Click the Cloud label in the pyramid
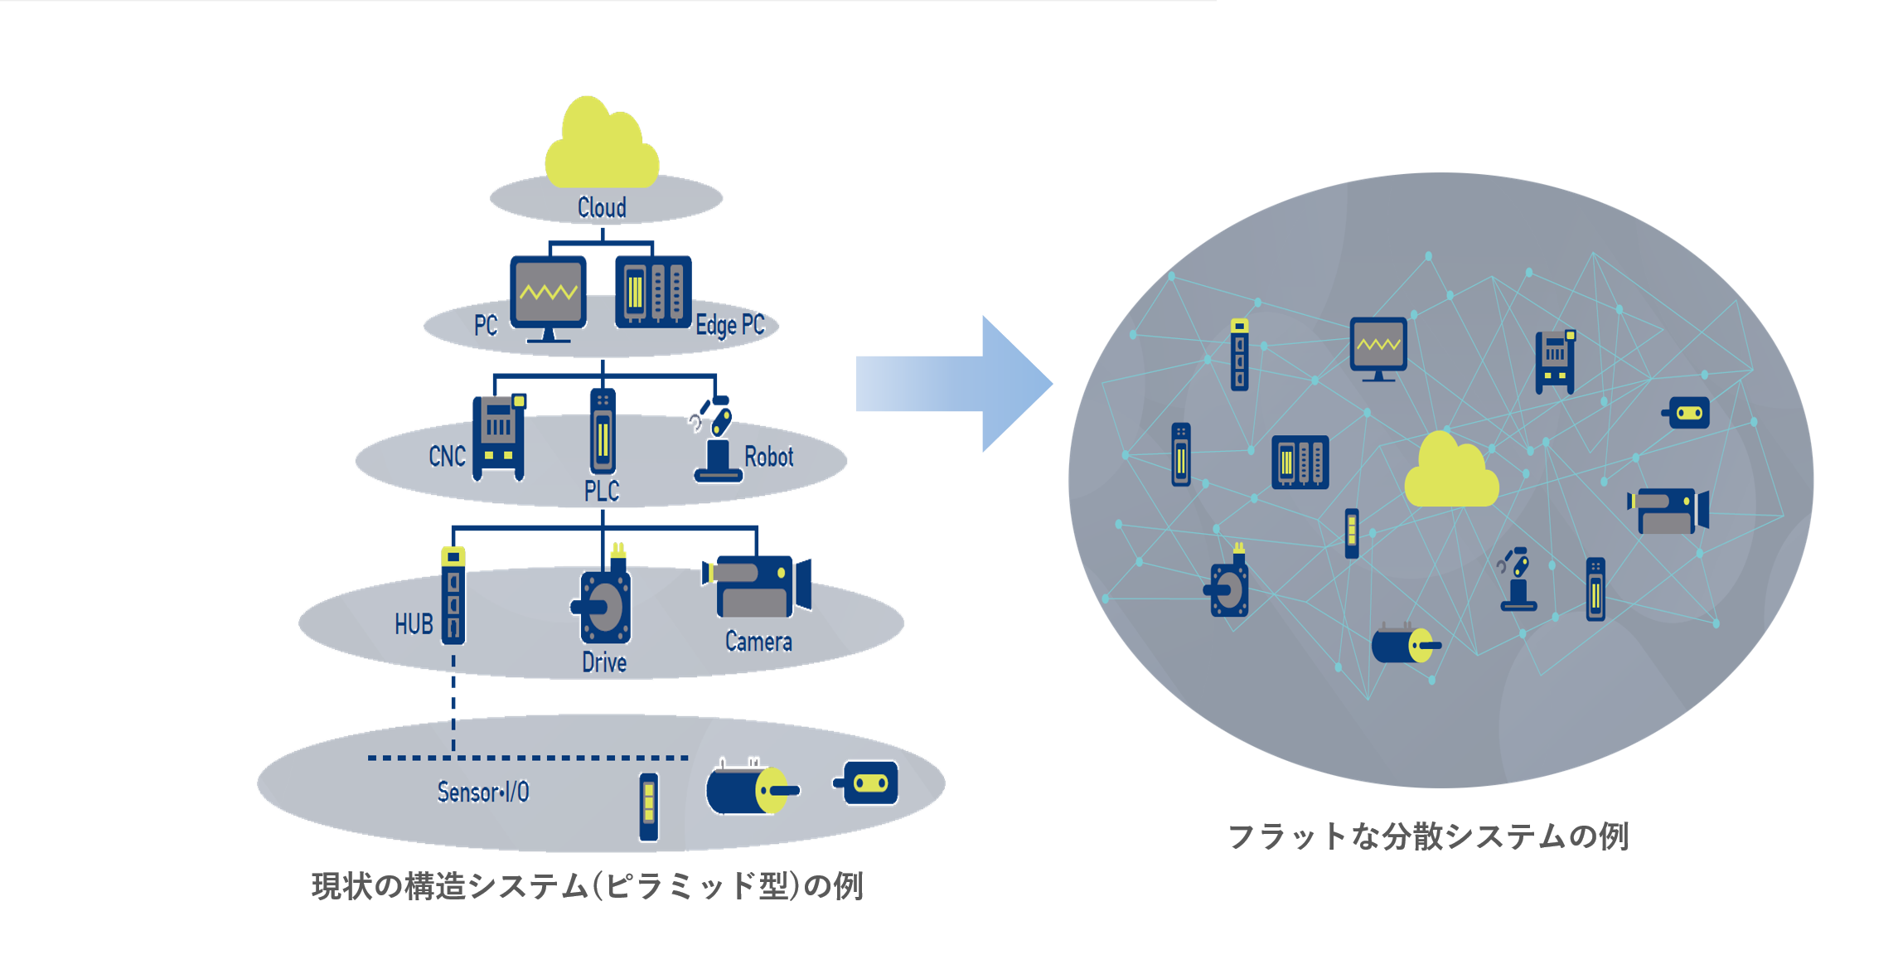(602, 207)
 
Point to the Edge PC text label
(730, 325)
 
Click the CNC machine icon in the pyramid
(499, 437)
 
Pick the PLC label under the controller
(602, 491)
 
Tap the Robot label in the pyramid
(768, 457)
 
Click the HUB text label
(414, 623)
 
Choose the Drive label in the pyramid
(604, 662)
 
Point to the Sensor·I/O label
(483, 792)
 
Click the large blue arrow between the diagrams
(953, 384)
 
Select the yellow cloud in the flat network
(1451, 473)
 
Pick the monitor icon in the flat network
(1378, 347)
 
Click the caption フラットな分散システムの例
(1428, 836)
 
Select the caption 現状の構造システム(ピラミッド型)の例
(588, 886)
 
